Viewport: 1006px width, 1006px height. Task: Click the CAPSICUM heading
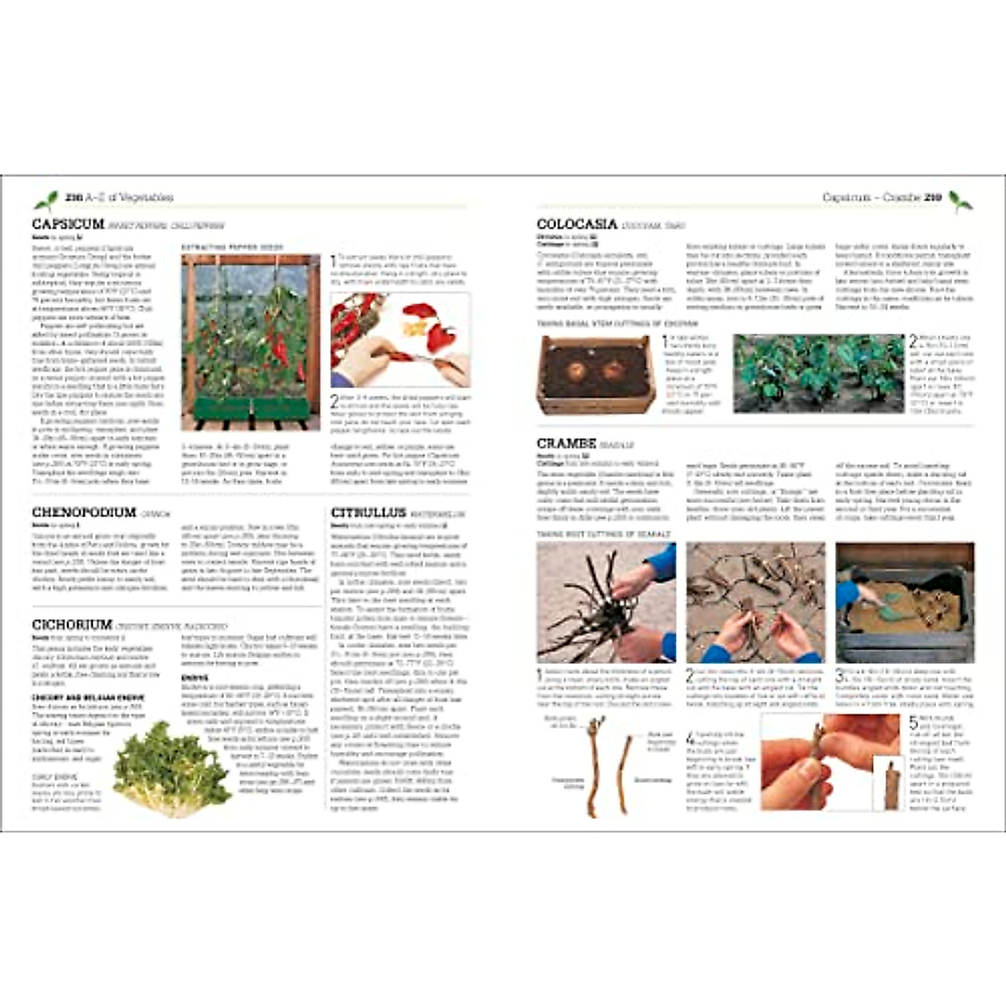click(68, 224)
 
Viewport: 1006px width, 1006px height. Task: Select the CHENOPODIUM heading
click(84, 512)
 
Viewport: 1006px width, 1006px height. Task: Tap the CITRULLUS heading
click(368, 512)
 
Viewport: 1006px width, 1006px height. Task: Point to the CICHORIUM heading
click(72, 625)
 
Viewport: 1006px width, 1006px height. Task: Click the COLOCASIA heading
click(577, 224)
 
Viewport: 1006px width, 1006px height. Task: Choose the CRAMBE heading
click(567, 443)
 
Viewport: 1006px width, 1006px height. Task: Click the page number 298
click(71, 198)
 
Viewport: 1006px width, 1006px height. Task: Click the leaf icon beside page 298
click(45, 200)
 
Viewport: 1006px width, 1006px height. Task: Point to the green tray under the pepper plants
click(250, 410)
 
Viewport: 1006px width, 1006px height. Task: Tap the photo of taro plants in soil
click(819, 373)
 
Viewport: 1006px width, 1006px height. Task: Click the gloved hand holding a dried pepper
click(369, 360)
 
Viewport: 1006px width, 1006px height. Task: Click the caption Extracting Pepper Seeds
click(232, 247)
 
